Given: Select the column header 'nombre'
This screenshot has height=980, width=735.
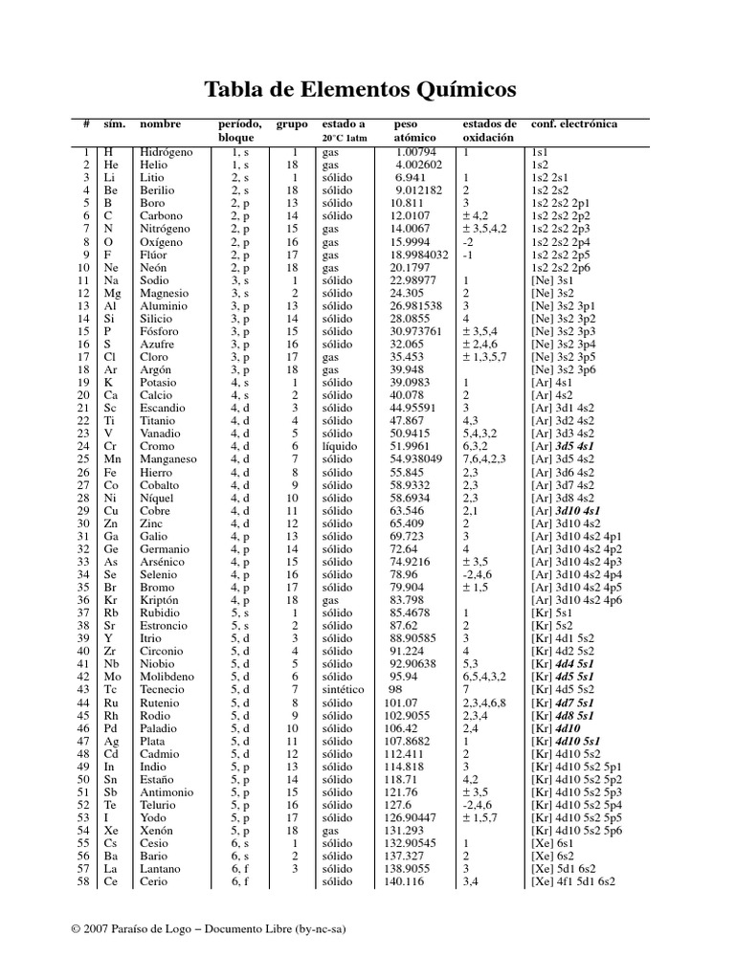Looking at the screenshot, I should [x=160, y=124].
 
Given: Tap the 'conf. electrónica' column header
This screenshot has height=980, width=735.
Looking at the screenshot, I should [x=574, y=124].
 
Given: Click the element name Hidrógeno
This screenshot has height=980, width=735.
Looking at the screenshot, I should [x=166, y=152].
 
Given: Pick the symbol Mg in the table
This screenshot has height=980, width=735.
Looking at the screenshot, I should [x=113, y=293].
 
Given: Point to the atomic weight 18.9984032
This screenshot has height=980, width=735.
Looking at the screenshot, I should [x=419, y=255].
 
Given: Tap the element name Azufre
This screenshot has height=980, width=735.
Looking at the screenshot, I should [x=158, y=344].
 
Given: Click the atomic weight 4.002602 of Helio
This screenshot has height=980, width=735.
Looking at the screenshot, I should [x=419, y=165].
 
